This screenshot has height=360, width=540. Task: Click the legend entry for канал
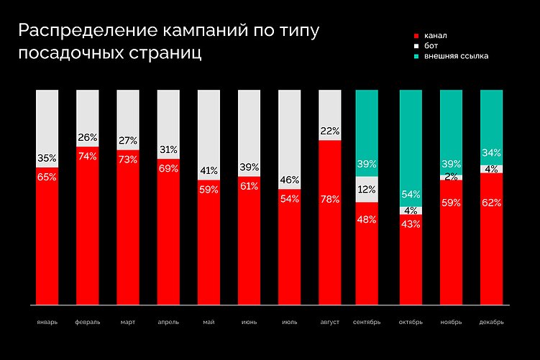[434, 35]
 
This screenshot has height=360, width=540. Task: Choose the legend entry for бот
[430, 45]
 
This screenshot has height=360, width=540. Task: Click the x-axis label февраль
[87, 322]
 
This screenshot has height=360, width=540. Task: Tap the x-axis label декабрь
[491, 322]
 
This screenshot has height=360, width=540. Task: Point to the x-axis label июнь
[249, 322]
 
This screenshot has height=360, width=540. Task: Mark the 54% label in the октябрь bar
[410, 194]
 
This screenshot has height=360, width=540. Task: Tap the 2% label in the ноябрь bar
[451, 176]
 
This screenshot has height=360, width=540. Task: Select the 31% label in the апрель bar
[168, 149]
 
